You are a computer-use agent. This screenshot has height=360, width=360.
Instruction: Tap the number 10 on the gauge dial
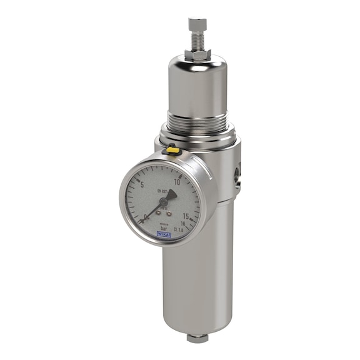(177, 181)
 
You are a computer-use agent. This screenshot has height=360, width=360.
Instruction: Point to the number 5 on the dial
(142, 184)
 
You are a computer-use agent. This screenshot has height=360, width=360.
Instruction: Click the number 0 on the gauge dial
(145, 217)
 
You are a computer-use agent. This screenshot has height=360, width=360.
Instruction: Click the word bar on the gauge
(164, 228)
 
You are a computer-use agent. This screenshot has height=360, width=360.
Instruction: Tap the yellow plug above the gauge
(170, 150)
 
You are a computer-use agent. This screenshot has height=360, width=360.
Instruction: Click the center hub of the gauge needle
(162, 201)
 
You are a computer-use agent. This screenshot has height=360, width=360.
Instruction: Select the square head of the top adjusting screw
(197, 24)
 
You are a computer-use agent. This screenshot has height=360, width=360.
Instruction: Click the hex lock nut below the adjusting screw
(197, 54)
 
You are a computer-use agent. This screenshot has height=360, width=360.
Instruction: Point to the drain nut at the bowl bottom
(197, 338)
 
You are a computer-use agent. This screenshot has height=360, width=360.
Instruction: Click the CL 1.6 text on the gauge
(180, 231)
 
